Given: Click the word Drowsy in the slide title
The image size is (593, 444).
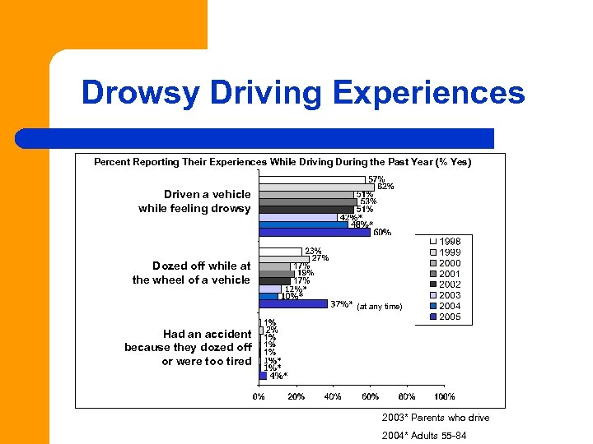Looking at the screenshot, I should coord(140,93).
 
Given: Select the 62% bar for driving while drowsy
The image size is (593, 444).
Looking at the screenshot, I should coord(316,187).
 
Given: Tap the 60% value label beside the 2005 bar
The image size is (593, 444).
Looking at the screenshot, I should coord(382,233).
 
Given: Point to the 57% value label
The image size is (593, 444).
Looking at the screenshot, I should coord(376,179).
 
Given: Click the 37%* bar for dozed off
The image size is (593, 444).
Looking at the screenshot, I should coord(293,304).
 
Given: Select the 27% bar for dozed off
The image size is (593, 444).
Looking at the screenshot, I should coord(284,259).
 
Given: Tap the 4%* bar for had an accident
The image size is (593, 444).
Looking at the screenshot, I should coord(263,375).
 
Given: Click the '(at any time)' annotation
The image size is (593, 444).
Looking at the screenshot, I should coord(379,306).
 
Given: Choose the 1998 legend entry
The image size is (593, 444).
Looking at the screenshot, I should coord(450,242).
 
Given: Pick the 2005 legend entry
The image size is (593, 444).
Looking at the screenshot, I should coord(450,317).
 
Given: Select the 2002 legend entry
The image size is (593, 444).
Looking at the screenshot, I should coord(450,284).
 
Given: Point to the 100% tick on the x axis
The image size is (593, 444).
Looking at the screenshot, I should coord(444,397).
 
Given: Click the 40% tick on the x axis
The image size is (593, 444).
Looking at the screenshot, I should coord(333,397).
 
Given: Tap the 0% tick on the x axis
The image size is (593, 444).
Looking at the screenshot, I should coord(259,397).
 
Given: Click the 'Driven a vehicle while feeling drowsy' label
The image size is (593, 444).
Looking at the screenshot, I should coord(195,201).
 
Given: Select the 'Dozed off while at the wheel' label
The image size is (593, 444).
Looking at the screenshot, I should coord(192,273).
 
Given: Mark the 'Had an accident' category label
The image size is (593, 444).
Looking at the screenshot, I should coord(189,348).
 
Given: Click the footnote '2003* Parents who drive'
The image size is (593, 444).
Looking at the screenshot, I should coord(435,418).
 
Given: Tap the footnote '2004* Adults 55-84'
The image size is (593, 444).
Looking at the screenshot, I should coord(423,436).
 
